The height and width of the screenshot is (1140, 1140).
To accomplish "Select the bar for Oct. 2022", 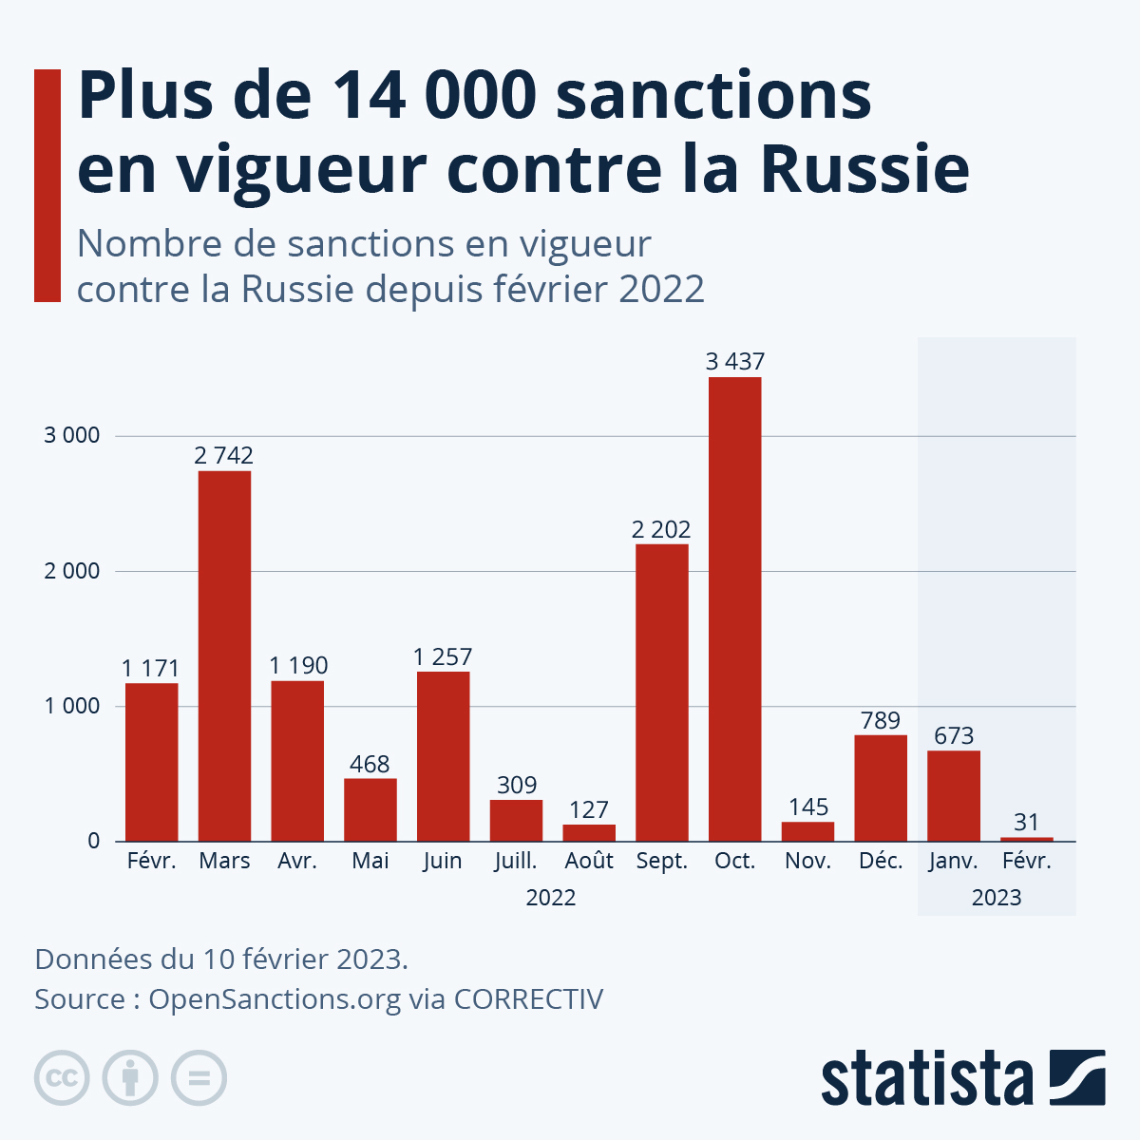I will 734,609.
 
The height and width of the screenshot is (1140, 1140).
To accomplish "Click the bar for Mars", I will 224,655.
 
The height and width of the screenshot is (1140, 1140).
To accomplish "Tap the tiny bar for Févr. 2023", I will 1026,839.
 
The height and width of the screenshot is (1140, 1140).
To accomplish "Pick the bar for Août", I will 589,832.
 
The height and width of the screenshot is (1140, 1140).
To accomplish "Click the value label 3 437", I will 734,361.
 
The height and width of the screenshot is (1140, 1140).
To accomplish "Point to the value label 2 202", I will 661,529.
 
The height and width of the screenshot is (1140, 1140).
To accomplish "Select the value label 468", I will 370,764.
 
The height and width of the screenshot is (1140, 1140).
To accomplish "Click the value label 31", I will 1026,821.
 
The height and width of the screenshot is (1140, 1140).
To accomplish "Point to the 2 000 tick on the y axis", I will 72,571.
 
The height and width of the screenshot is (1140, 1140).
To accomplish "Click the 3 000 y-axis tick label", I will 72,436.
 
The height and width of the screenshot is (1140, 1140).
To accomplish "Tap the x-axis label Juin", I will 443,861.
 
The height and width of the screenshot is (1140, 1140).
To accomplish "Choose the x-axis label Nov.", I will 807,861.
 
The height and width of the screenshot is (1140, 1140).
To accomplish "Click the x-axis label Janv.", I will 953,861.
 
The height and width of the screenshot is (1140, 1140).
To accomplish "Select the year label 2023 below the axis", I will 997,898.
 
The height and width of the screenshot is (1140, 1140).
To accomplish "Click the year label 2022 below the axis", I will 551,898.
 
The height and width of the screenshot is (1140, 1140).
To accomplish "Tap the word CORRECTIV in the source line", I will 528,999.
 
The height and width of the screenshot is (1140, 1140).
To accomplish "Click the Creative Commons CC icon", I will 62,1078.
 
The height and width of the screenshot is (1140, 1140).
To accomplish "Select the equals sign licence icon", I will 199,1078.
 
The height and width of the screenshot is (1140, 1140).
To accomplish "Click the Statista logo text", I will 926,1078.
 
